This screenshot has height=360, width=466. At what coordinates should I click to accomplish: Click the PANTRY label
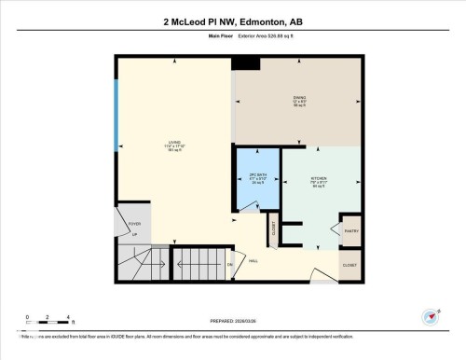[x=352, y=230]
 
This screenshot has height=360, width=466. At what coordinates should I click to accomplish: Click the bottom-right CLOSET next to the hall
[x=349, y=265]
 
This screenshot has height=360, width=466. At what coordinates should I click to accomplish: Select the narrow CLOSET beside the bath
[x=273, y=231]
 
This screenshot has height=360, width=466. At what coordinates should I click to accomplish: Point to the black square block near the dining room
[x=246, y=62]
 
